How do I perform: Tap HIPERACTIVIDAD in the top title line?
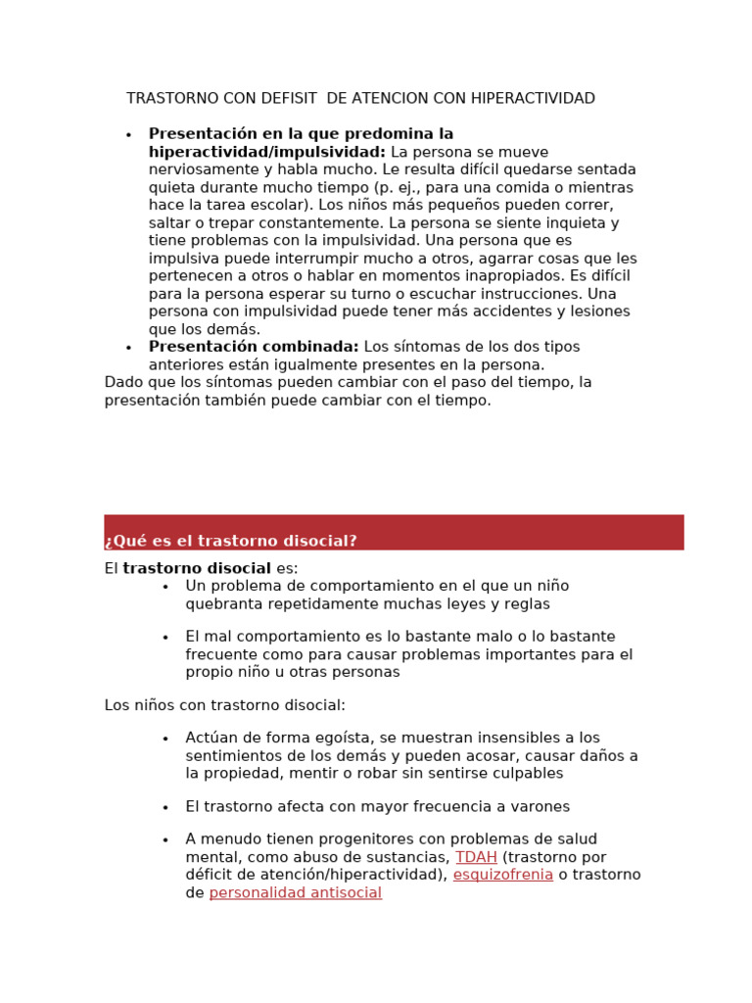[534, 99]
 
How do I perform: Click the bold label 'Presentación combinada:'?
[254, 347]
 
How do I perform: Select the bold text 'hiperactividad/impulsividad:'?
[266, 152]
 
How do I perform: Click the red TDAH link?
[476, 857]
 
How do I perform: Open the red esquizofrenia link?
[502, 875]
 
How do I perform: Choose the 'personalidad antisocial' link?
[295, 893]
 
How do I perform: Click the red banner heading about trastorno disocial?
[231, 541]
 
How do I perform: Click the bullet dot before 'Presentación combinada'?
[128, 348]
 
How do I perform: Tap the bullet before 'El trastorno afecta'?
[165, 808]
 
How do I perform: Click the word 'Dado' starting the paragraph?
[122, 382]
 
